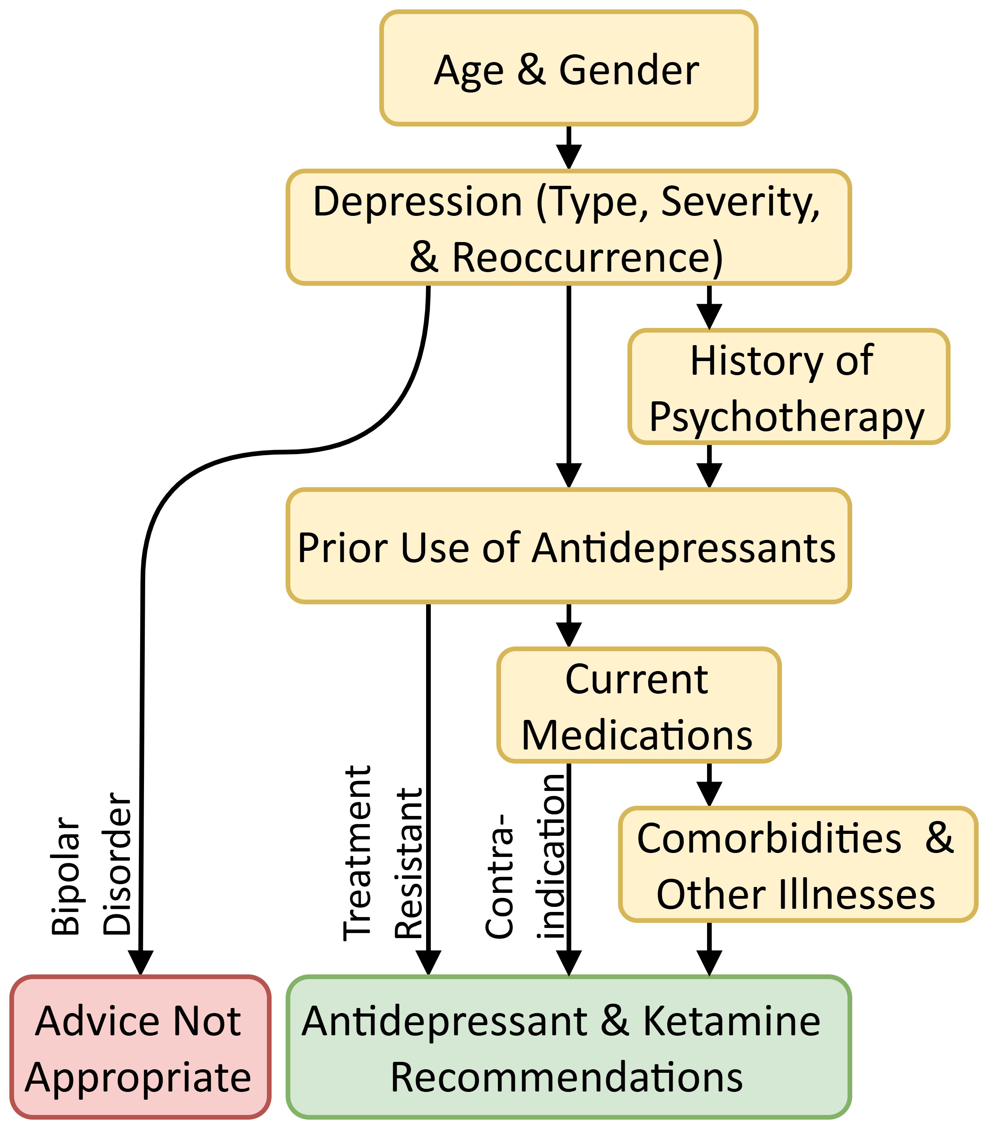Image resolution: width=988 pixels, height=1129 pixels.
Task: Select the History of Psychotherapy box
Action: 789,387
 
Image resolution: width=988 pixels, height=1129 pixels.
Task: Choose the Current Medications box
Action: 638,706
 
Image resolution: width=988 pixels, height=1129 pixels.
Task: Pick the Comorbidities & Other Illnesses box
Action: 797,865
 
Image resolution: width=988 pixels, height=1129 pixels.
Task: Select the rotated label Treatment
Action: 357,853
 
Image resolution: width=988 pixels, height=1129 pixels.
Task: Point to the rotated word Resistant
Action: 409,863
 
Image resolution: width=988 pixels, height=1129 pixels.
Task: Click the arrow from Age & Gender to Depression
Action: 569,148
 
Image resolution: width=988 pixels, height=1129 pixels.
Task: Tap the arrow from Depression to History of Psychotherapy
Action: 709,308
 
